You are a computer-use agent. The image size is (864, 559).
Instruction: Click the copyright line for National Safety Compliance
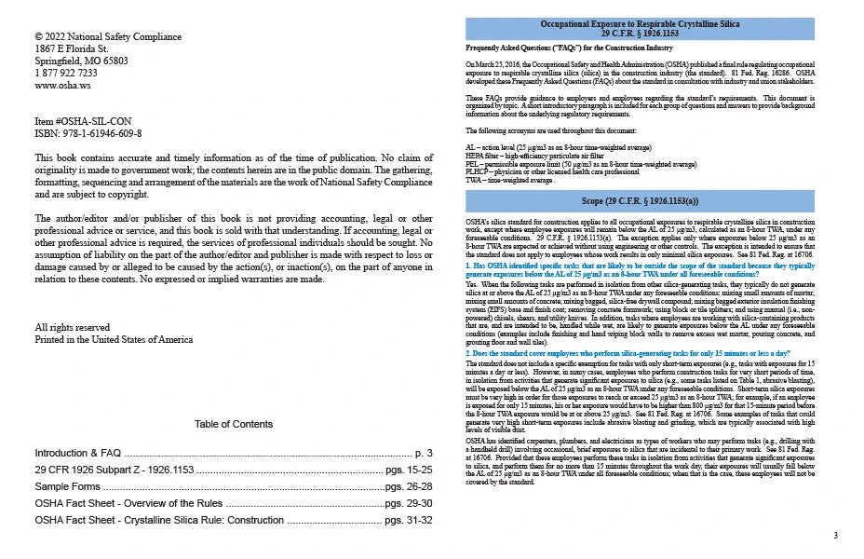(x=108, y=36)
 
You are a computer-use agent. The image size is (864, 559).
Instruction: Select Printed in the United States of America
(x=114, y=339)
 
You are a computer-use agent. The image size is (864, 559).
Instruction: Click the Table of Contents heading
(x=234, y=424)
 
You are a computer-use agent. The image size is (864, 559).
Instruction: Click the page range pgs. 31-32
(x=408, y=519)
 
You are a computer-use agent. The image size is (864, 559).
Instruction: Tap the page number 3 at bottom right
(x=835, y=535)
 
